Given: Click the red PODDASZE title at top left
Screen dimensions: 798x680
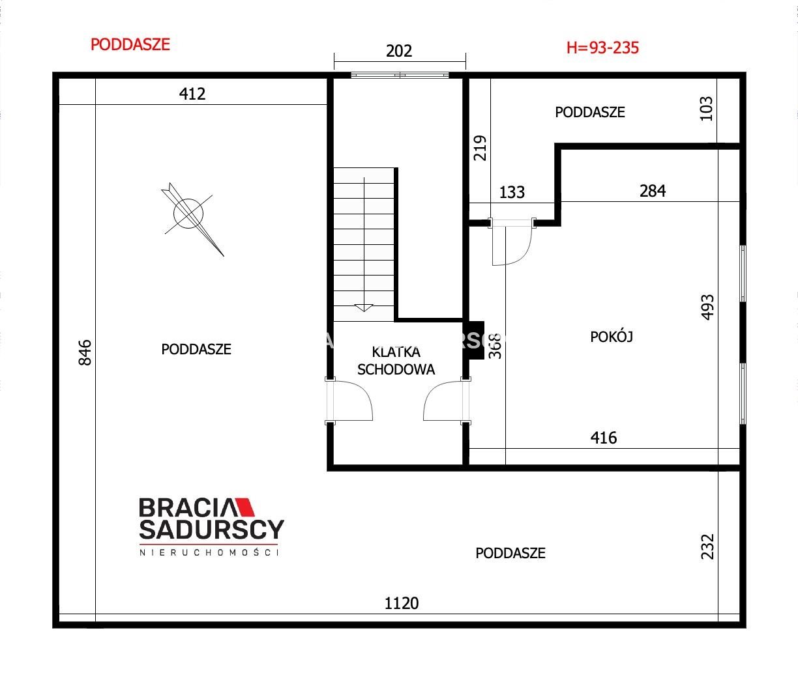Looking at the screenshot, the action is [x=130, y=44].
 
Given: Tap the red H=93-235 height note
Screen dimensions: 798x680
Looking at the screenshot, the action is [x=602, y=48].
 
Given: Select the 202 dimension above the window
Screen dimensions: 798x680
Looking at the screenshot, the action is [x=399, y=51].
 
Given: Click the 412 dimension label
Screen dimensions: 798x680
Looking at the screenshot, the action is [x=192, y=94].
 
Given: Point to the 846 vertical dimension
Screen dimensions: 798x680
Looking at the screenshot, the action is [x=85, y=352].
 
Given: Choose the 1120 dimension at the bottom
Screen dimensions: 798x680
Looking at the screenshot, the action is [x=402, y=603].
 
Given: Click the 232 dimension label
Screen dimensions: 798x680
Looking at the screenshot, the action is [x=707, y=546].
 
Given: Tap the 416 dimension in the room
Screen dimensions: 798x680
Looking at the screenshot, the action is [x=604, y=438].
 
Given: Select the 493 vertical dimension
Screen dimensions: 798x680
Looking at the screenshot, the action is [x=707, y=307].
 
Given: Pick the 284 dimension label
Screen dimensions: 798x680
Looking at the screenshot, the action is [x=653, y=191].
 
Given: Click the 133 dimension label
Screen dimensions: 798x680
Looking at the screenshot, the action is [x=512, y=192].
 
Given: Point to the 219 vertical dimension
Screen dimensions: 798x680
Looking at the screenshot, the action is [x=480, y=148].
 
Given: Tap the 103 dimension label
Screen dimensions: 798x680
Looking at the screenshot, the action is [x=706, y=108].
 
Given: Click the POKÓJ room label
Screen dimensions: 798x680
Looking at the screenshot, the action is [x=612, y=337].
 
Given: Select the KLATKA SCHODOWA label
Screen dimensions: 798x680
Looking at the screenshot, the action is [x=396, y=361].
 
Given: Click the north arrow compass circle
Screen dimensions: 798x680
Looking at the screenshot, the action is [x=188, y=213].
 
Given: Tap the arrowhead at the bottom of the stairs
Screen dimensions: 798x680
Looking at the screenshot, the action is [x=364, y=307].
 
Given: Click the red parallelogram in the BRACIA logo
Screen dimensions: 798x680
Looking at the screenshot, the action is [x=244, y=507].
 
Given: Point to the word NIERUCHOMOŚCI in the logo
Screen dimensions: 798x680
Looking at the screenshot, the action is [x=209, y=553].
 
